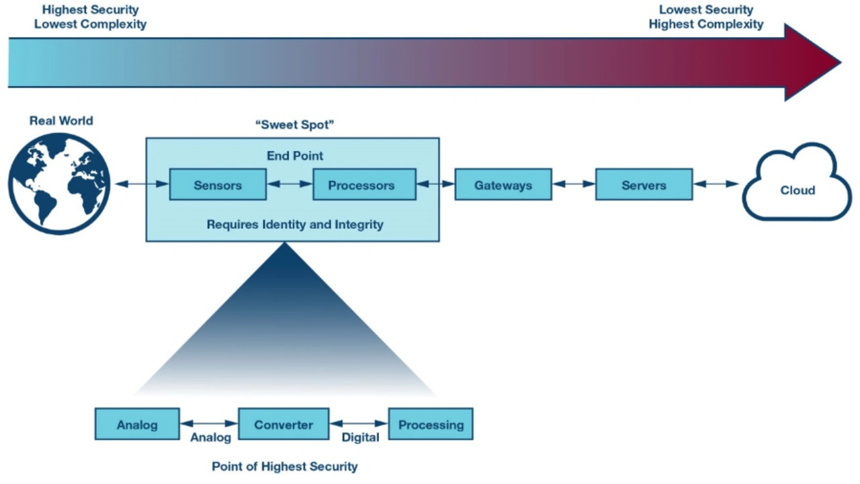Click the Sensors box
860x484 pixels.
pyautogui.click(x=218, y=185)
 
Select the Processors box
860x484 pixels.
pyautogui.click(x=364, y=185)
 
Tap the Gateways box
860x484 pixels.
pyautogui.click(x=503, y=185)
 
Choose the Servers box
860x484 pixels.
pyautogui.click(x=644, y=185)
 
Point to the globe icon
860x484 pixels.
pyautogui.click(x=59, y=183)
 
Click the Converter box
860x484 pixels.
pyautogui.click(x=284, y=424)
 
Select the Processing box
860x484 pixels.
pyautogui.click(x=431, y=424)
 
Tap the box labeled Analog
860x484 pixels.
pyautogui.click(x=137, y=424)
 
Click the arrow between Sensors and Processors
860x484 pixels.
pyautogui.click(x=290, y=184)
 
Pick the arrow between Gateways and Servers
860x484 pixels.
pyautogui.click(x=574, y=184)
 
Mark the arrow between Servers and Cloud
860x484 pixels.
pyautogui.click(x=716, y=184)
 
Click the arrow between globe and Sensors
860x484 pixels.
pyautogui.click(x=141, y=184)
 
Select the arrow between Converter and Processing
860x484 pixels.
pyautogui.click(x=359, y=424)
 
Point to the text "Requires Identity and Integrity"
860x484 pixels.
pyautogui.click(x=295, y=225)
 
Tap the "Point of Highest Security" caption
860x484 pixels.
pyautogui.click(x=285, y=467)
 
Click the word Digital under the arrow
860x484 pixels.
pyautogui.click(x=361, y=438)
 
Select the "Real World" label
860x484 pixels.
pyautogui.click(x=61, y=121)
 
